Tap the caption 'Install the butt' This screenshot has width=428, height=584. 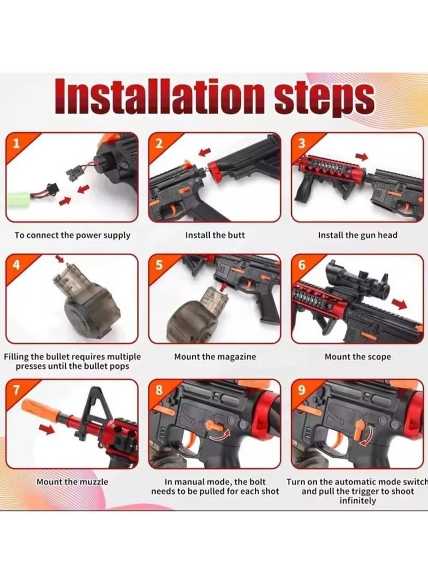(x=215, y=235)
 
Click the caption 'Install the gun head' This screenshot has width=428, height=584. (x=357, y=235)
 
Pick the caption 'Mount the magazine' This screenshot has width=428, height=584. (x=215, y=357)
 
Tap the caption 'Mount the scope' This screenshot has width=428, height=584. (x=357, y=357)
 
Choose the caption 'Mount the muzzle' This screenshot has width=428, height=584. (x=72, y=482)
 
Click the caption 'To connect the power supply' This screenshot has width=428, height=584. (x=72, y=235)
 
